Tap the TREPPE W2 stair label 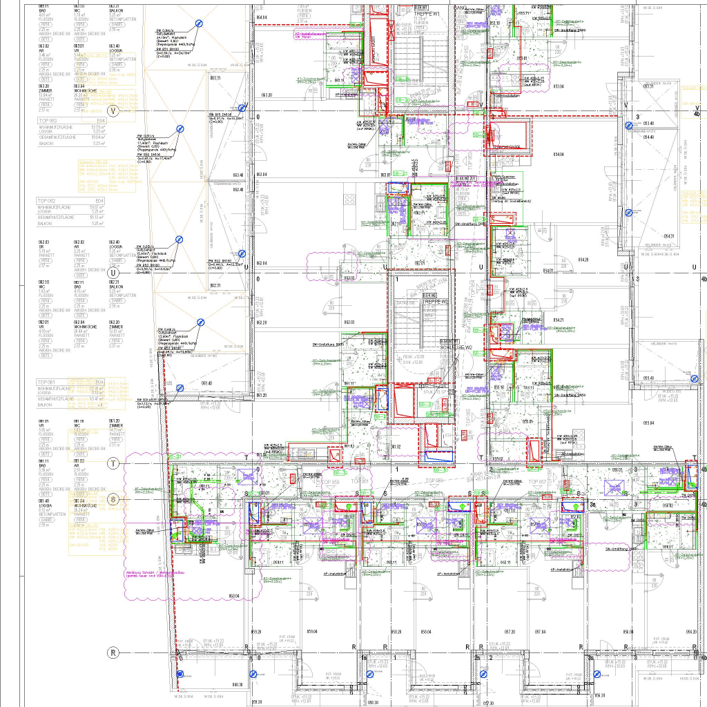436,302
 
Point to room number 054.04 559,154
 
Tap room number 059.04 311,631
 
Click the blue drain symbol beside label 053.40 629,126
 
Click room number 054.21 559,320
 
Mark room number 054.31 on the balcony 668,237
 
